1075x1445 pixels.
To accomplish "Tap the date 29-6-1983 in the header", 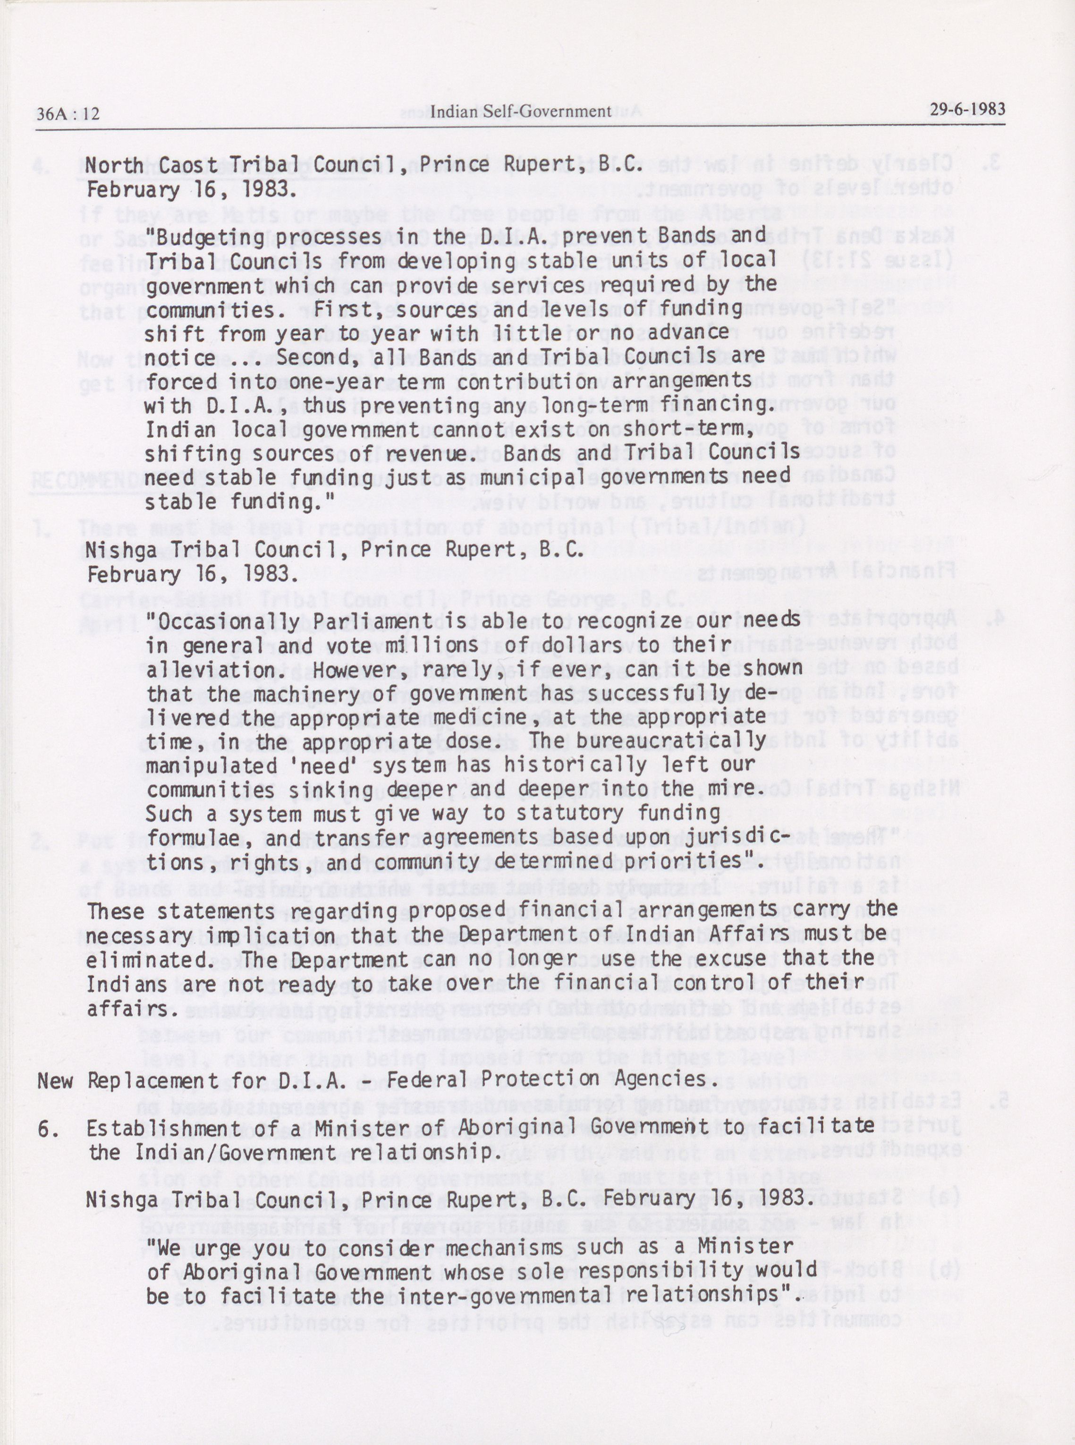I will coord(967,108).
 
